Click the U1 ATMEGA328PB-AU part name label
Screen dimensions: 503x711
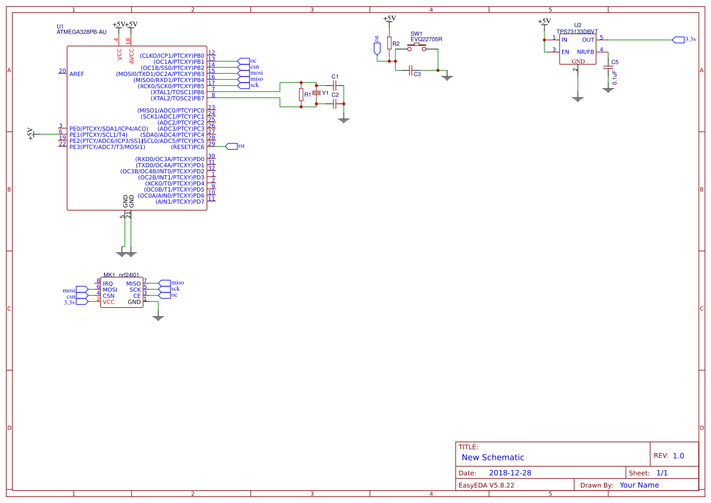click(82, 32)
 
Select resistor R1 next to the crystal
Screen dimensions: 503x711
click(301, 94)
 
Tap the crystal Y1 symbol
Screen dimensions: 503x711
click(316, 93)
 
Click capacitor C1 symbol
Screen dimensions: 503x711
click(335, 85)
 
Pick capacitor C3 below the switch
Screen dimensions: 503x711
click(411, 69)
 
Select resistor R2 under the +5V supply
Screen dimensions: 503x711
click(389, 43)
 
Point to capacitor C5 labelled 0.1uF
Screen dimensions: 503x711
click(608, 68)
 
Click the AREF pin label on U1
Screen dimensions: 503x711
click(77, 74)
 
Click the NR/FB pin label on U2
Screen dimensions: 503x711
click(585, 52)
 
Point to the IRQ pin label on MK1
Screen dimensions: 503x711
click(108, 283)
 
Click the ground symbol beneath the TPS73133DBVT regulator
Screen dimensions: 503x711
click(578, 98)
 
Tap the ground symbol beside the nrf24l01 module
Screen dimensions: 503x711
click(158, 316)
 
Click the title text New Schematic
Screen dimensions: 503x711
click(493, 457)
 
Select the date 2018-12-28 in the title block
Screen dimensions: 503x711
click(510, 473)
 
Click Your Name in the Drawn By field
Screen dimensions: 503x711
click(639, 485)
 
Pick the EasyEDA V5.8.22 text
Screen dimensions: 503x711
click(486, 485)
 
